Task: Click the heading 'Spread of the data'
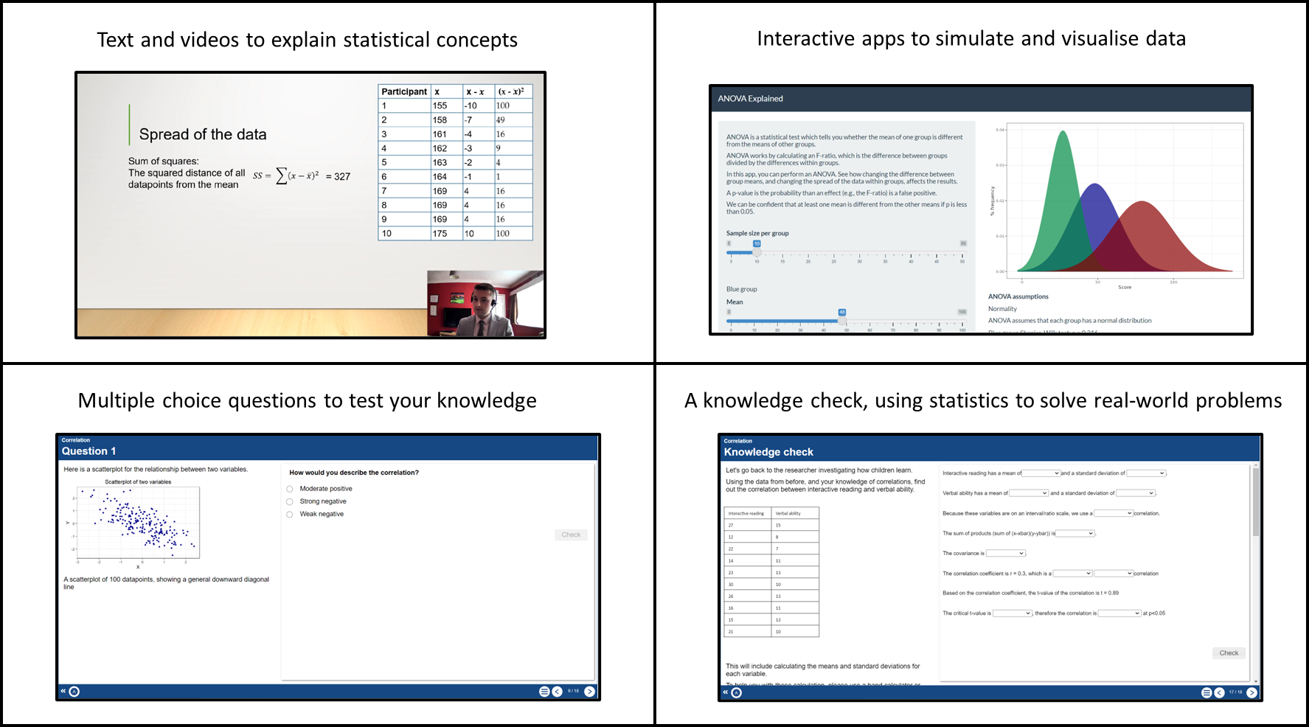point(203,134)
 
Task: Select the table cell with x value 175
point(440,234)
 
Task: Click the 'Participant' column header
point(404,91)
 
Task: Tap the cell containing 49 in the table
point(501,119)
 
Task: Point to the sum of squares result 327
point(342,177)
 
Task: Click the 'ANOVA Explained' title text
point(751,99)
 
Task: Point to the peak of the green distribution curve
point(1063,132)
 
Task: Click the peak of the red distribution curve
point(1142,202)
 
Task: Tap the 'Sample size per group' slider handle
point(757,252)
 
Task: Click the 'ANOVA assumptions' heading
point(1018,296)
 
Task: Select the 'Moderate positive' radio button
point(290,489)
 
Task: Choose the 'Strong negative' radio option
point(290,501)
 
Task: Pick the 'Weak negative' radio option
point(290,515)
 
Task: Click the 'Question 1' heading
point(88,451)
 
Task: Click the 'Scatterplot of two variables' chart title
point(138,482)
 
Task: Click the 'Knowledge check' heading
point(768,452)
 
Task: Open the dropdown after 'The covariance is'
point(1006,553)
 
